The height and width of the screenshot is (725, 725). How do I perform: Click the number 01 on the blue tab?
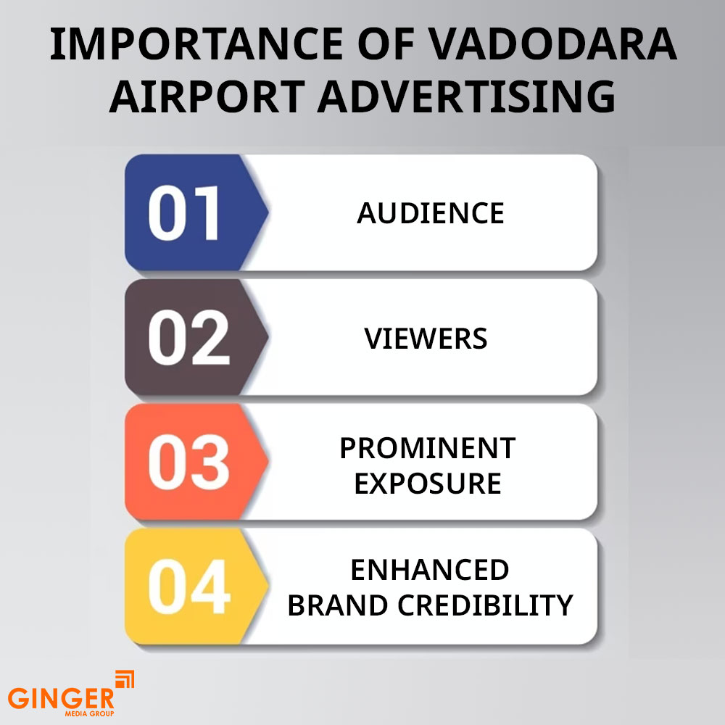pyautogui.click(x=184, y=214)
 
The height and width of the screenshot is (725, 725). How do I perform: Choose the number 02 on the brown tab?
pyautogui.click(x=188, y=339)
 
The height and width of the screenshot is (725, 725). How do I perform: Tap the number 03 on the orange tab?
pyautogui.click(x=188, y=463)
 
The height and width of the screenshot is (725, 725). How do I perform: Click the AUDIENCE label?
pyautogui.click(x=430, y=213)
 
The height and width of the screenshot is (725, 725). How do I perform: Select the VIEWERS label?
pyautogui.click(x=426, y=339)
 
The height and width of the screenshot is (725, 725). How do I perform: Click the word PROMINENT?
pyautogui.click(x=427, y=448)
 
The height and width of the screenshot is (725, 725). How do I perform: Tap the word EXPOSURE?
pyautogui.click(x=427, y=484)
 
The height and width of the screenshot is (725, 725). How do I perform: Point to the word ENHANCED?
pyautogui.click(x=429, y=570)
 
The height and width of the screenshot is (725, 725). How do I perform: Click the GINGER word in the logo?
pyautogui.click(x=61, y=699)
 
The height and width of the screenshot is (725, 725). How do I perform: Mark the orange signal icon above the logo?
pyautogui.click(x=125, y=680)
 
